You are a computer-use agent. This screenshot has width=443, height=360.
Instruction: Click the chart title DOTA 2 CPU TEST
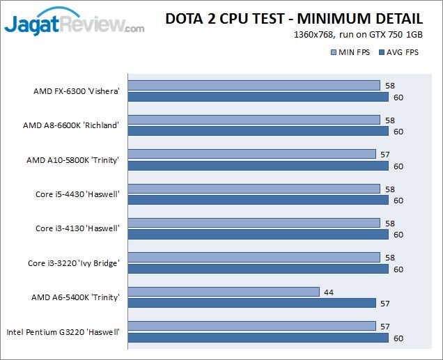(x=293, y=19)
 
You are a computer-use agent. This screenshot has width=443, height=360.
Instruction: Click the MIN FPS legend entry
(x=350, y=52)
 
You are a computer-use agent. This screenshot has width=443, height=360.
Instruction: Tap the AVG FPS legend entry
(x=398, y=52)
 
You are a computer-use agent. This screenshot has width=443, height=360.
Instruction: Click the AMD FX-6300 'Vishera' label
(x=76, y=91)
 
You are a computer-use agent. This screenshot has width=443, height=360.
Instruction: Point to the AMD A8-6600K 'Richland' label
(x=71, y=125)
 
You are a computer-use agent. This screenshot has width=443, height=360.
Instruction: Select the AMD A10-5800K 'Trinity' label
(x=72, y=159)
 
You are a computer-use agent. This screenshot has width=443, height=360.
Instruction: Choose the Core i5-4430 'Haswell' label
(x=77, y=194)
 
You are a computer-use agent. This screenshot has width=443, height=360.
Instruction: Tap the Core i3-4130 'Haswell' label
(x=77, y=228)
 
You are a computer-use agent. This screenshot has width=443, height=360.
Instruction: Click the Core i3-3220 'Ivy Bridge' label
(x=73, y=263)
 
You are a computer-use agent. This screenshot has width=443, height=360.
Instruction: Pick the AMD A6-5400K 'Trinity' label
(x=75, y=297)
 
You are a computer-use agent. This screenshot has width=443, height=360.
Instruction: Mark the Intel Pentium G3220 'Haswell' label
(x=63, y=331)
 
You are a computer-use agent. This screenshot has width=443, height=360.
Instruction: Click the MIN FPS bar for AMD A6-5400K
(x=223, y=292)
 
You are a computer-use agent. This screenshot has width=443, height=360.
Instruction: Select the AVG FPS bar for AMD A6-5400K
(x=251, y=303)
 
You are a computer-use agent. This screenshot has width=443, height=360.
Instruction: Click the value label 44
(x=329, y=292)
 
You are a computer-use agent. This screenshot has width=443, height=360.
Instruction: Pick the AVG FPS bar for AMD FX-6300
(x=257, y=97)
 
